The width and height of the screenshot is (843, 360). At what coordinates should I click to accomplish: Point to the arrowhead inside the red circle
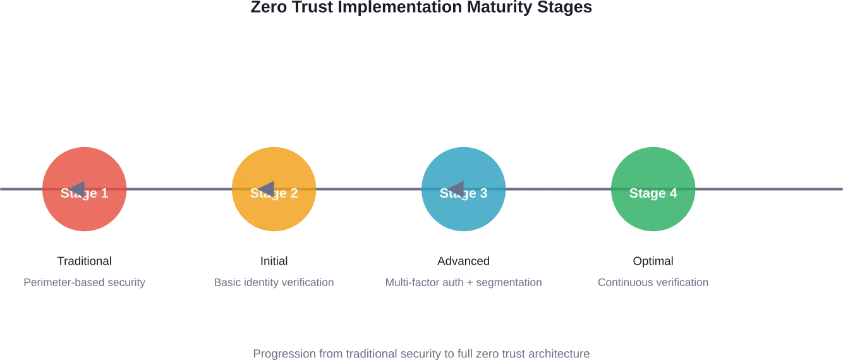[77, 189]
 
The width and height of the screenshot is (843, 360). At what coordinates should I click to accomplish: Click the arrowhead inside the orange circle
[267, 189]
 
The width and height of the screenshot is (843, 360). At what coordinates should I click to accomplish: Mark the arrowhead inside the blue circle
[456, 189]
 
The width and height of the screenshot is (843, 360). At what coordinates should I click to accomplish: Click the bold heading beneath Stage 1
[83, 260]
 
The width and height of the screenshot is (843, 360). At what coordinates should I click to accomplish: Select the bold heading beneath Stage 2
[273, 260]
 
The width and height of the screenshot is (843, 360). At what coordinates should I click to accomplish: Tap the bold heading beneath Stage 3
[463, 260]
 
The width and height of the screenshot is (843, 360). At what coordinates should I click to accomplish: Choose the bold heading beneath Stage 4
[654, 260]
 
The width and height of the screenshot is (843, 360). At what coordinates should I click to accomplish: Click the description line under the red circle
[83, 283]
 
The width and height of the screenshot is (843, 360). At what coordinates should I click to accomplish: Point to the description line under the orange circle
[273, 283]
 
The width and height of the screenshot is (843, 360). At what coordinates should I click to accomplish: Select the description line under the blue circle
[464, 283]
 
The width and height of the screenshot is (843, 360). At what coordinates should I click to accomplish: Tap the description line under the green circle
[654, 283]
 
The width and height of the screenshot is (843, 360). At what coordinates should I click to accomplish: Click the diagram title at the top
[421, 8]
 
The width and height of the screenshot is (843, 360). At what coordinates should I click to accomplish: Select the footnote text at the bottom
[421, 354]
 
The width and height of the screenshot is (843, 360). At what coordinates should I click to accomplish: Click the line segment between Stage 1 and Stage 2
[179, 189]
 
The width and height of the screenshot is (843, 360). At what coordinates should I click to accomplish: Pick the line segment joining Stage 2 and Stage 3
[369, 189]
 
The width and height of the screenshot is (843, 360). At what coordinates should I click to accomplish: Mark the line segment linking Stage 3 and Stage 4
[559, 189]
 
